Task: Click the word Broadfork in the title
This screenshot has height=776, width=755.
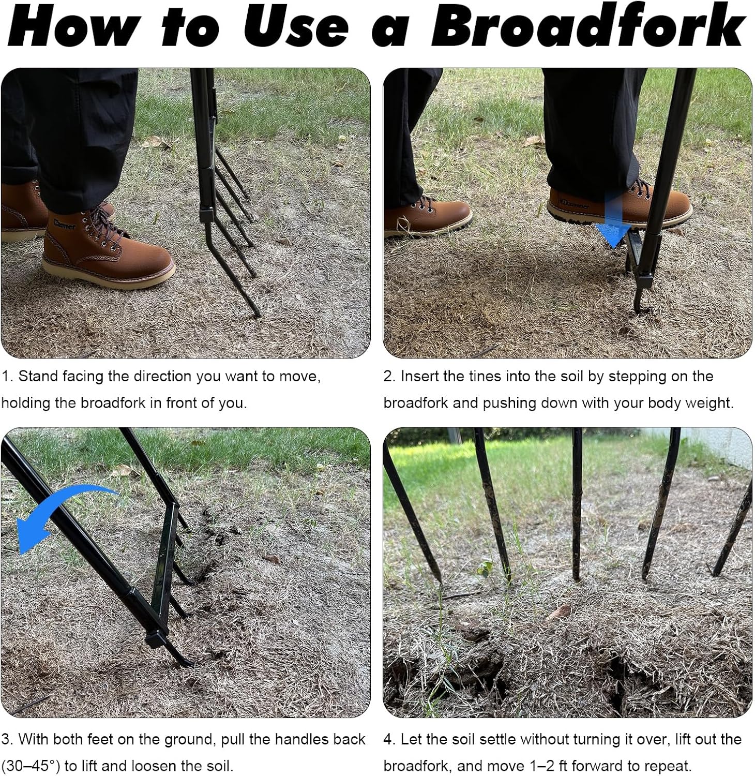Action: [x=587, y=27]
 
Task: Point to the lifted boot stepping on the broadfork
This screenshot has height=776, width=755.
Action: [x=621, y=204]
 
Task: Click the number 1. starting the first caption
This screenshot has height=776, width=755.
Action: [x=6, y=376]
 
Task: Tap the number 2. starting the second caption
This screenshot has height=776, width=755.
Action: [x=389, y=376]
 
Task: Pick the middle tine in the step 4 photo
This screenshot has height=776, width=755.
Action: [x=576, y=507]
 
